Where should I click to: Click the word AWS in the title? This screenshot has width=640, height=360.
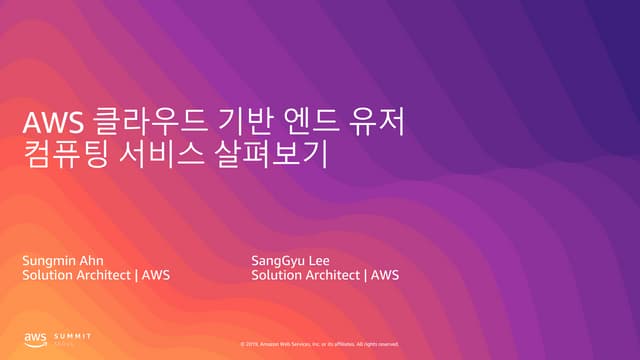[x=49, y=126]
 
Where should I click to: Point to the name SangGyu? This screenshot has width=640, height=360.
[x=281, y=260]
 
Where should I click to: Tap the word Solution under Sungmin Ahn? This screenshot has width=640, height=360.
[x=47, y=275]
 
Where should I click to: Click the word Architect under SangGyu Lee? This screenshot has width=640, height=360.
[x=334, y=275]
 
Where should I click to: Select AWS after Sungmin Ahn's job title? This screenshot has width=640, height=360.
[x=156, y=275]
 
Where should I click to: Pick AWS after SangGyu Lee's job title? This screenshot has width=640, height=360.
[x=385, y=275]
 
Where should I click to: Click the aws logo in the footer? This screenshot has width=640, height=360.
[x=36, y=339]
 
